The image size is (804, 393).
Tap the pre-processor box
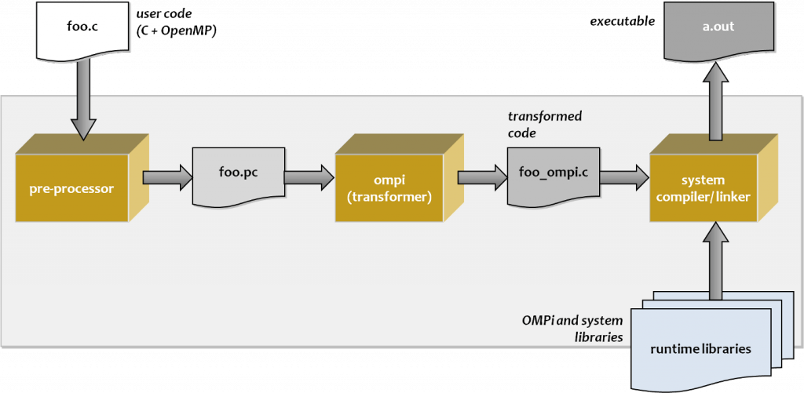tap(71, 188)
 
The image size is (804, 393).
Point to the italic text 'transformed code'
tap(545, 125)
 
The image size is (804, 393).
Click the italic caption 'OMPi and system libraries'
tap(572, 328)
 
